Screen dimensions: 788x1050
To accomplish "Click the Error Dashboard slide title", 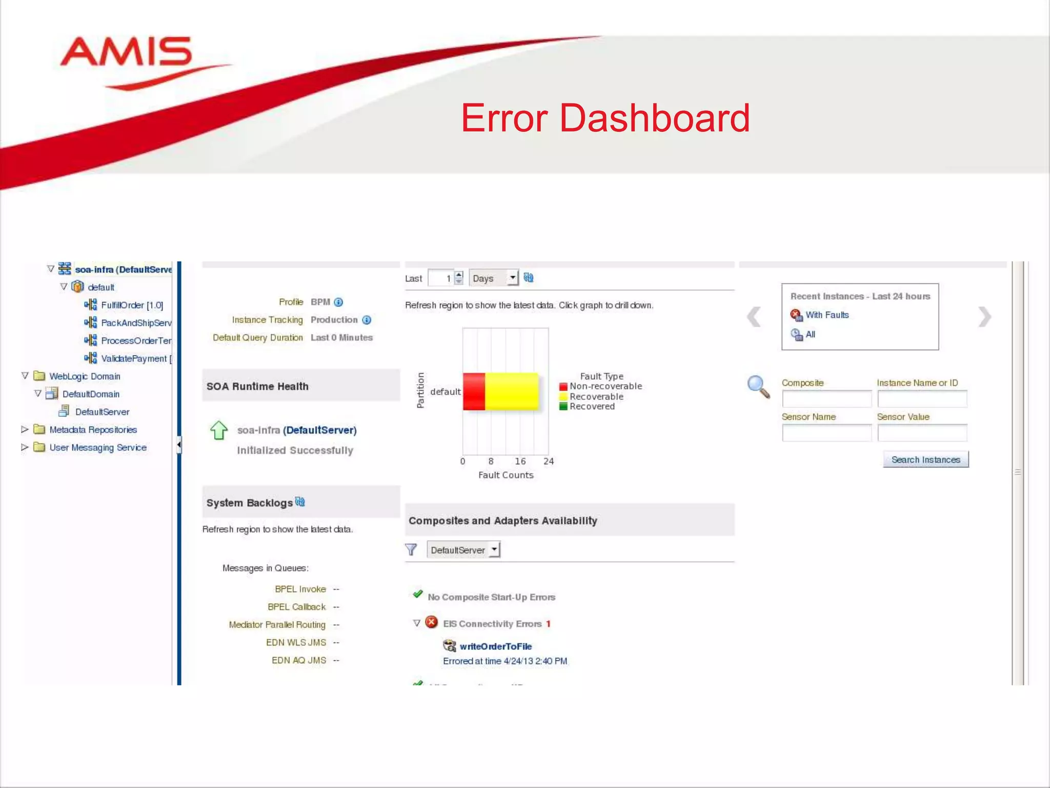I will pos(605,118).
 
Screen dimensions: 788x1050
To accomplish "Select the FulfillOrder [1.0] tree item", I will pos(132,305).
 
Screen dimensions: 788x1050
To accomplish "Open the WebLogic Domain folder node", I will pos(85,376).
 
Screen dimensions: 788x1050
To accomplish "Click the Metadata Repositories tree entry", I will pos(93,430).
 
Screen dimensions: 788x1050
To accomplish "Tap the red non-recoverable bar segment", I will pos(474,391).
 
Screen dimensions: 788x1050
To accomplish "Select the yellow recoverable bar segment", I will pos(512,391).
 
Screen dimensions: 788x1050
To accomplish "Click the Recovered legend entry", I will pos(591,406).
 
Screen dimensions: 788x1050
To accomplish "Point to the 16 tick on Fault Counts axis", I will pos(520,461).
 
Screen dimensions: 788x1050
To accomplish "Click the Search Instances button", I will pos(925,460).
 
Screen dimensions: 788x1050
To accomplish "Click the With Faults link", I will pos(826,315).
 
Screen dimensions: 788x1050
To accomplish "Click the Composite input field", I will pos(826,399).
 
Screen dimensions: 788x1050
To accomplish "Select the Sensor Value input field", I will pos(922,432).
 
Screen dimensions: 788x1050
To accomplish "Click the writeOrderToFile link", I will pos(495,646).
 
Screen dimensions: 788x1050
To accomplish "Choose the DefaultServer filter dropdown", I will pos(463,550).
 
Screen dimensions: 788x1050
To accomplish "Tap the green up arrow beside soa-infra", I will pos(219,430).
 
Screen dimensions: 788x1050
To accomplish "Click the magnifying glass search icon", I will pos(758,386).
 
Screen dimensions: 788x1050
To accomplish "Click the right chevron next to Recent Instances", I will pos(984,317).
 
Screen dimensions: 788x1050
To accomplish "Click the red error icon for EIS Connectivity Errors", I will pos(432,622).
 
